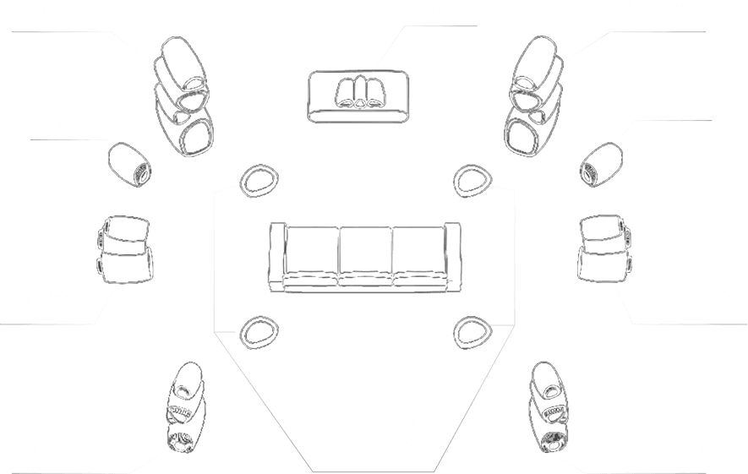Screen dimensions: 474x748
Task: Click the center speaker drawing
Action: (x=360, y=95)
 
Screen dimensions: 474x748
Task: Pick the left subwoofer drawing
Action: (x=129, y=164)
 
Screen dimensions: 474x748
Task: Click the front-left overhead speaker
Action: (x=261, y=180)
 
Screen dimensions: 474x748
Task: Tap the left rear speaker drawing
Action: (x=183, y=409)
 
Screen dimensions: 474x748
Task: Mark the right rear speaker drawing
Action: (x=549, y=407)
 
